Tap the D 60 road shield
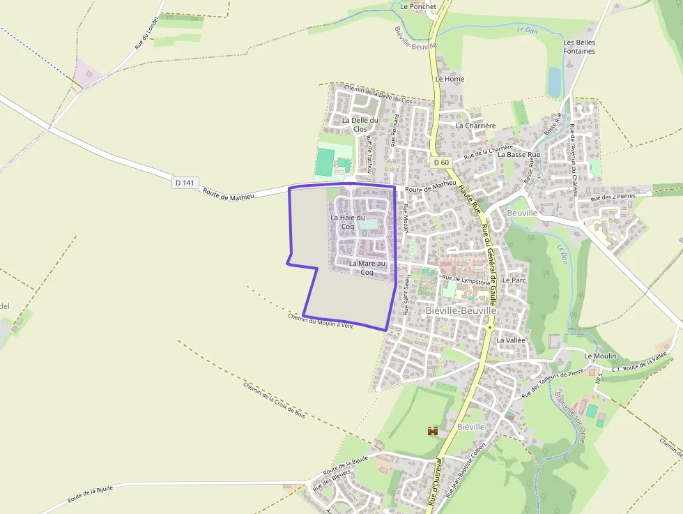440,162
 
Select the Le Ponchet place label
418,6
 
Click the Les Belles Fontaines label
579,47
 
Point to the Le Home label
450,79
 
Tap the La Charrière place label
475,126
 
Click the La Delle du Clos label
360,124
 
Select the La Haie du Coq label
348,222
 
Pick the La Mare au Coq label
367,268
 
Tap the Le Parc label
514,280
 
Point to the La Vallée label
510,340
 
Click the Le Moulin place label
600,356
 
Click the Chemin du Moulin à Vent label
321,321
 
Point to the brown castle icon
433,431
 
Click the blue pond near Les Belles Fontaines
555,82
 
